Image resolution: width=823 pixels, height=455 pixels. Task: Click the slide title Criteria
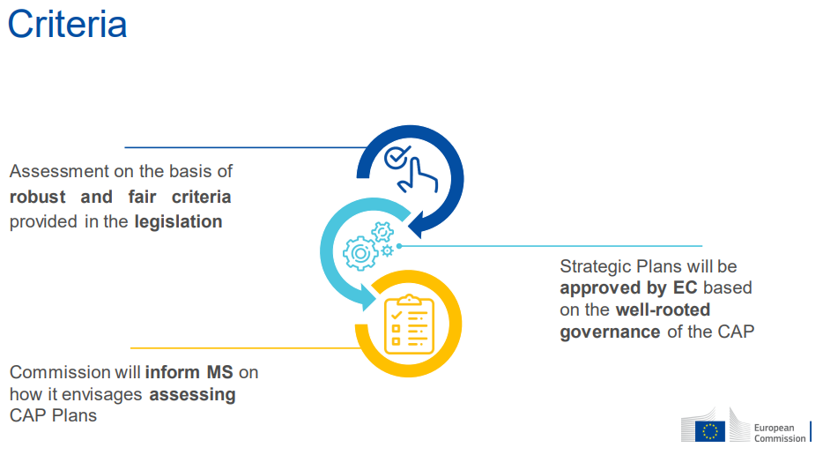(67, 24)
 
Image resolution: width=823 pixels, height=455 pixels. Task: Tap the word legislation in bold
(179, 221)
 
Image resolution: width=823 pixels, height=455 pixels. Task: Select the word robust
(37, 197)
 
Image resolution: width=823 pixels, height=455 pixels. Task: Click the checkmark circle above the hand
(397, 157)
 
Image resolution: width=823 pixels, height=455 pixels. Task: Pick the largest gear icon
(360, 253)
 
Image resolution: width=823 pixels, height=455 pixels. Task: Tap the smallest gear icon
(388, 250)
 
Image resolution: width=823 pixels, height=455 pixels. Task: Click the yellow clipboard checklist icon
(409, 324)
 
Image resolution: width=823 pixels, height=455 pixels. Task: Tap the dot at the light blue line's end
(399, 246)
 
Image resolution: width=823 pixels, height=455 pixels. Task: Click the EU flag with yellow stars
(709, 431)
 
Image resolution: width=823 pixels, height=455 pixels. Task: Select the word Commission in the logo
(780, 438)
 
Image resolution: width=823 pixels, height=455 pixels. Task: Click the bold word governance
(610, 332)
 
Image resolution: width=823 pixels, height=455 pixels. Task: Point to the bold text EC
(685, 288)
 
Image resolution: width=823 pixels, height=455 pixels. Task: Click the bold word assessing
(193, 394)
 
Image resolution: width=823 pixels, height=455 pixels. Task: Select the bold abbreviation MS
(219, 372)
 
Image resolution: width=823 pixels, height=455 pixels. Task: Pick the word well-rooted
(663, 310)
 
